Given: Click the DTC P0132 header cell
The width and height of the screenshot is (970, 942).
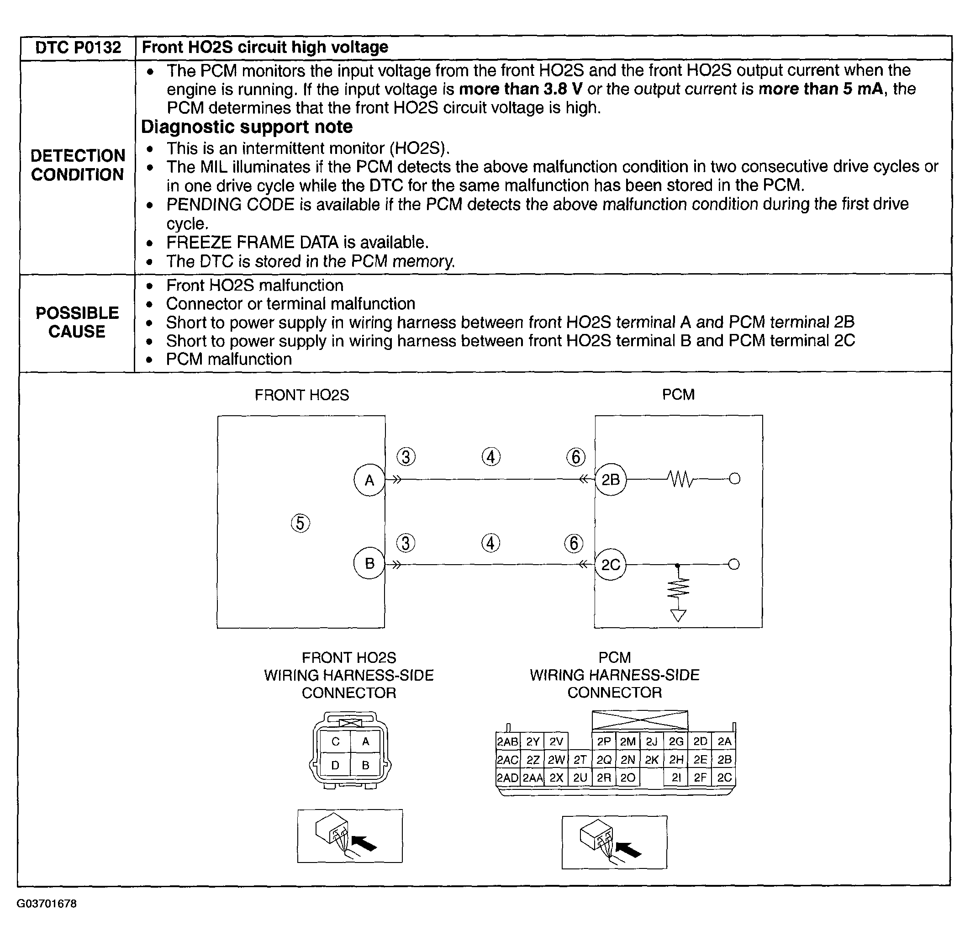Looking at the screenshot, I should [x=78, y=48].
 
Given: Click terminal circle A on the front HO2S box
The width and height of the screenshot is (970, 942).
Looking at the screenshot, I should [x=369, y=480].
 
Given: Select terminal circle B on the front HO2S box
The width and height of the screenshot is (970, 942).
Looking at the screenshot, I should [x=369, y=563].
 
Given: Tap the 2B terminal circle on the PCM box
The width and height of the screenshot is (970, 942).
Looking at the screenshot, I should [x=610, y=479].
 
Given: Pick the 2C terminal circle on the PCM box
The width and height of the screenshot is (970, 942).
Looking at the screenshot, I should [x=610, y=564].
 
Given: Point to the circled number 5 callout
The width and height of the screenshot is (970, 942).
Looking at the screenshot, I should [x=300, y=523].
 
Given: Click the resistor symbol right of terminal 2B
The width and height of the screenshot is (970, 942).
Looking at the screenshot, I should [x=681, y=479].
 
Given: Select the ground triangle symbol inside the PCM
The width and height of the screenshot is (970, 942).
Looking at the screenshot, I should [x=678, y=615].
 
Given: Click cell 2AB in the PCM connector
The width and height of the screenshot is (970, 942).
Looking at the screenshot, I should [x=507, y=741].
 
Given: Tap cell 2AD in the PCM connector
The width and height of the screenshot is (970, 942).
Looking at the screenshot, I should [x=507, y=778].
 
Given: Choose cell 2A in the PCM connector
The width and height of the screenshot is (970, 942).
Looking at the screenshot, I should [x=724, y=741].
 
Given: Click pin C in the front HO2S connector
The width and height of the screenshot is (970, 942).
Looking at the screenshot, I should [x=336, y=741].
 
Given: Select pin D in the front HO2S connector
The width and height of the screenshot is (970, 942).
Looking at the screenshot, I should [x=336, y=765].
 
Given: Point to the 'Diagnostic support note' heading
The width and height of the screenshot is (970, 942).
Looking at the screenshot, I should [x=247, y=127].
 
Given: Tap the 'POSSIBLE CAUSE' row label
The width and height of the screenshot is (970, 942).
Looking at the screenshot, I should [x=77, y=322].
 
